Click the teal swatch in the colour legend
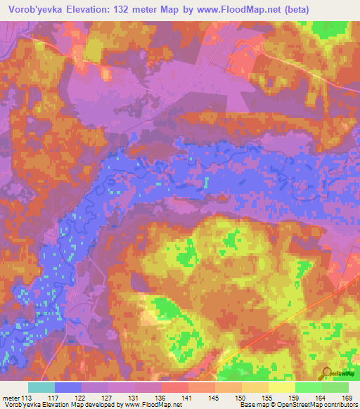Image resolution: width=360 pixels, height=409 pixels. point(41,387)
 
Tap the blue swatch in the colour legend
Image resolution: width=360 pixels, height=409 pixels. point(68,387)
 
